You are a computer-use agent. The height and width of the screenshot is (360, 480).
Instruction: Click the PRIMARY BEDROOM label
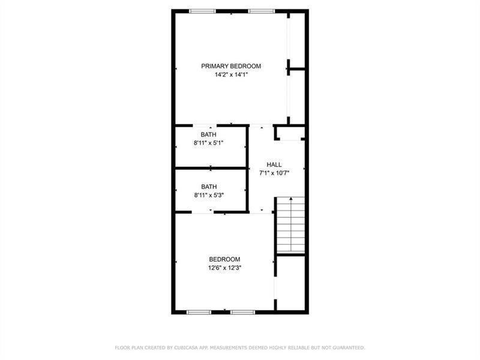pyautogui.click(x=231, y=66)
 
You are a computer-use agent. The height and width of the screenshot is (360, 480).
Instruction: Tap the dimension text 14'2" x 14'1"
pyautogui.click(x=231, y=74)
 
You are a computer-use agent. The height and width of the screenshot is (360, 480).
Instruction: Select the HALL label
pyautogui.click(x=274, y=164)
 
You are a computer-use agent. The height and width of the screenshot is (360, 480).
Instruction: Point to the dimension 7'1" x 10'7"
pyautogui.click(x=274, y=173)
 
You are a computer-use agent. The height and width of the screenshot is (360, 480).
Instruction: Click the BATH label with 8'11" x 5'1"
pyautogui.click(x=208, y=134)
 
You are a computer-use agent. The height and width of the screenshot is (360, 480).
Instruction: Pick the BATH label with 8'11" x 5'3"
pyautogui.click(x=209, y=187)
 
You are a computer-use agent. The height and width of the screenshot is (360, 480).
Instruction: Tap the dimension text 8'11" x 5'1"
pyautogui.click(x=208, y=143)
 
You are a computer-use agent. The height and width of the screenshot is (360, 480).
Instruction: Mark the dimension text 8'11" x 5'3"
pyautogui.click(x=209, y=195)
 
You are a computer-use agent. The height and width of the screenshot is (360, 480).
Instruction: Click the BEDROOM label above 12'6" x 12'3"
pyautogui.click(x=224, y=259)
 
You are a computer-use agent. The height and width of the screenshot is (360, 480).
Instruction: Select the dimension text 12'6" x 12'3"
pyautogui.click(x=224, y=268)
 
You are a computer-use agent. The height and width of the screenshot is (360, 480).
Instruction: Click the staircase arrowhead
pyautogui.click(x=291, y=199)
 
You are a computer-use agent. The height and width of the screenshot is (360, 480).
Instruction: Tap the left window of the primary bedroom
pyautogui.click(x=202, y=11)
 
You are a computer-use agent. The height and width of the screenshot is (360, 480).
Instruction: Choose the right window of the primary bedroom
pyautogui.click(x=262, y=11)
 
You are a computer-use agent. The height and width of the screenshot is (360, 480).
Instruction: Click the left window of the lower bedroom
pyautogui.click(x=199, y=312)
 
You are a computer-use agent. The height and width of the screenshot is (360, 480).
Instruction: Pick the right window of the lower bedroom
pyautogui.click(x=243, y=312)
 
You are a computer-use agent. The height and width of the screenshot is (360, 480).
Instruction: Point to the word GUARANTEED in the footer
pyautogui.click(x=349, y=348)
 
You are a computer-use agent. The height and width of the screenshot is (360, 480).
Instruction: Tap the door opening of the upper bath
pyautogui.click(x=205, y=125)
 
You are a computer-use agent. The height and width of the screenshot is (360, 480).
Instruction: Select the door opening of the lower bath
pyautogui.click(x=203, y=212)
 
